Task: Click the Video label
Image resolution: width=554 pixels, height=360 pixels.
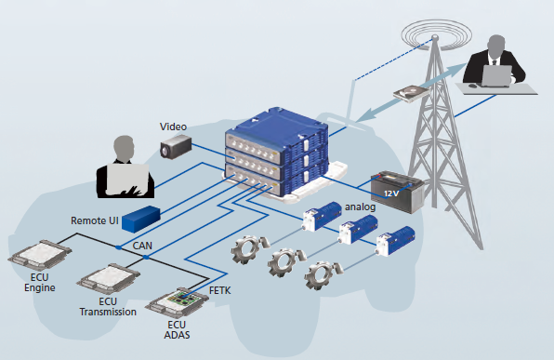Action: (x=173, y=127)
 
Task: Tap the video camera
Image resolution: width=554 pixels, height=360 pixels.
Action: (x=176, y=147)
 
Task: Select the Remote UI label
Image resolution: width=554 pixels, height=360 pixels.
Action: (x=94, y=220)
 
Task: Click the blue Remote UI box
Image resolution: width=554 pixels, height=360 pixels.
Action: (x=141, y=219)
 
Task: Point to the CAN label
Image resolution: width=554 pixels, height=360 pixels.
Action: (x=142, y=246)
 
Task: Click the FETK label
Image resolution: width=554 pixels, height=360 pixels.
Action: (x=219, y=290)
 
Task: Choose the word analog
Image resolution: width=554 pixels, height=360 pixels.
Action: (x=360, y=207)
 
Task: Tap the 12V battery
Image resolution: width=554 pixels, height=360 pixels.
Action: (x=397, y=192)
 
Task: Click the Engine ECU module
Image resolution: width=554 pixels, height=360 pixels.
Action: (x=40, y=255)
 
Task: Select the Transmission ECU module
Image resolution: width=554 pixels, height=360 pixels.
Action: (x=109, y=279)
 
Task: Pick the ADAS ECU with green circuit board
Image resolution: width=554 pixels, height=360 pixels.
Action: (x=177, y=302)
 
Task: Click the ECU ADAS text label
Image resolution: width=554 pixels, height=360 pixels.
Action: (x=177, y=329)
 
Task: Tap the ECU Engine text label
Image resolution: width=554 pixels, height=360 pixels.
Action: (x=40, y=283)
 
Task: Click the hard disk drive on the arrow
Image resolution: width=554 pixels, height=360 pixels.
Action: (x=411, y=93)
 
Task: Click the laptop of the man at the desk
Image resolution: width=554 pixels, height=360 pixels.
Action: (x=496, y=76)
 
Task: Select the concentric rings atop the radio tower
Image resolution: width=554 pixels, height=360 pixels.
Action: (x=436, y=34)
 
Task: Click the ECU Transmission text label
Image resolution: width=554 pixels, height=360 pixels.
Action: (x=108, y=307)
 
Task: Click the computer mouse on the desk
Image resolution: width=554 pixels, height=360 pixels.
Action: (x=472, y=86)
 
